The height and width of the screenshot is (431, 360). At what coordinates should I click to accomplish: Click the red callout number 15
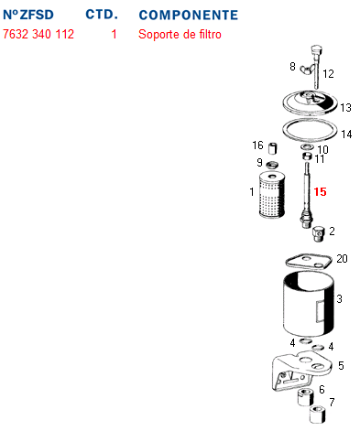(x=320, y=192)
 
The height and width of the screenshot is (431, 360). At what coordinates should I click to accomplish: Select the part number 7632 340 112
(x=38, y=34)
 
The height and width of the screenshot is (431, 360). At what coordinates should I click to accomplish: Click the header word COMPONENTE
(x=189, y=15)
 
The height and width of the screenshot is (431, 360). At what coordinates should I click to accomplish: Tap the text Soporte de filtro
(x=180, y=34)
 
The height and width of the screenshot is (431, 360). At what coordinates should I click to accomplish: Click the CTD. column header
(x=102, y=15)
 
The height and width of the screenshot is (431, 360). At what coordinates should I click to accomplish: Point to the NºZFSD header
(x=28, y=15)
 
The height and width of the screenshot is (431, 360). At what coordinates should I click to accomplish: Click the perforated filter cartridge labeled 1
(x=272, y=195)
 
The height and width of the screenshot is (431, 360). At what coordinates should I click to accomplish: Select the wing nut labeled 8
(x=305, y=70)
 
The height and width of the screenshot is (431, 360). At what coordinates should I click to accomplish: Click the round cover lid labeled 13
(x=310, y=102)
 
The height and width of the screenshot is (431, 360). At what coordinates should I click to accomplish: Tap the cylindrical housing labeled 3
(x=309, y=305)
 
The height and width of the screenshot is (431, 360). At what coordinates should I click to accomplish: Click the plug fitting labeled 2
(x=318, y=233)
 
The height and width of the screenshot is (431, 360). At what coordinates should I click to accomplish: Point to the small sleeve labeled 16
(x=272, y=148)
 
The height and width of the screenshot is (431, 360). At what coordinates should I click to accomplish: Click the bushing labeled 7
(x=318, y=414)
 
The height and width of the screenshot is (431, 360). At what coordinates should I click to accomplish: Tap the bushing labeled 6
(x=305, y=397)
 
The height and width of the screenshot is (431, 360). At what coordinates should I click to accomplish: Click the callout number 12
(x=328, y=74)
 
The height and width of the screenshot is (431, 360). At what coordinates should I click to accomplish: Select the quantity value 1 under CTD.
(x=114, y=34)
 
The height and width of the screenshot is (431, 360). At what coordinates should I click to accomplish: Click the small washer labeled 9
(x=272, y=166)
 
